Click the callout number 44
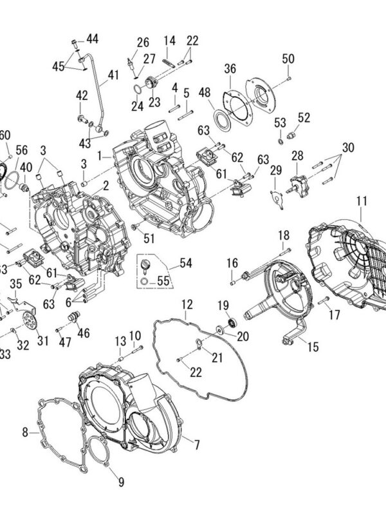(x=93, y=39)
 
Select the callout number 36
(x=230, y=69)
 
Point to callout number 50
(x=288, y=59)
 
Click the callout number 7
(x=197, y=444)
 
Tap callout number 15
(x=313, y=347)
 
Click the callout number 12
(x=187, y=303)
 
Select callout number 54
(x=186, y=263)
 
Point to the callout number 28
(x=297, y=155)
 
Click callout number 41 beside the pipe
(x=113, y=75)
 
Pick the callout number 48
(x=205, y=93)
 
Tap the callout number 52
(x=304, y=117)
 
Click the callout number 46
(x=83, y=333)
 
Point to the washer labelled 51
(x=134, y=227)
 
